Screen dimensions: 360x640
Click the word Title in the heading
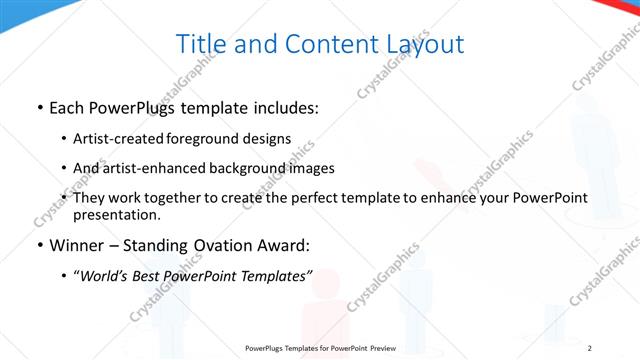click(x=200, y=44)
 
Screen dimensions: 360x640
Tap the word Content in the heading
click(x=323, y=44)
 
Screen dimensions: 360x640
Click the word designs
click(x=270, y=139)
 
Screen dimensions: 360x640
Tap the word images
click(x=307, y=168)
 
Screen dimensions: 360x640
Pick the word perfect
click(x=316, y=198)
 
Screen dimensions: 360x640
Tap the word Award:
click(x=281, y=244)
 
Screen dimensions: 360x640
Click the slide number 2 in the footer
click(x=590, y=347)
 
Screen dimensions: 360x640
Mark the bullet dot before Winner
click(x=38, y=245)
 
